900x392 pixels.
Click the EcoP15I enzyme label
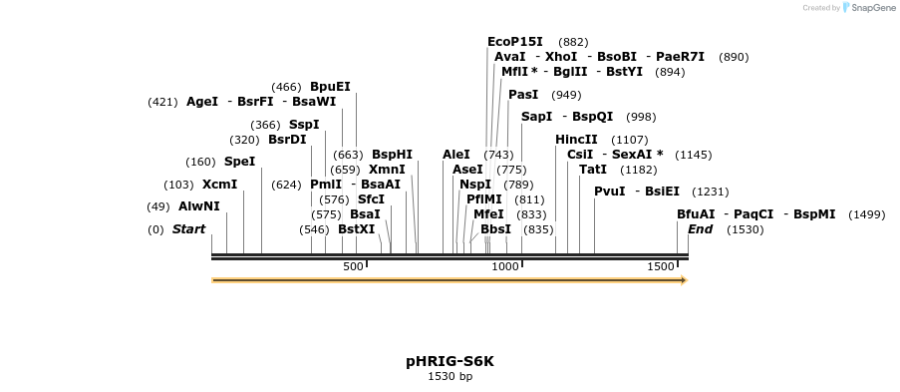(514, 42)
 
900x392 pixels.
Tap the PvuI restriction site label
(609, 192)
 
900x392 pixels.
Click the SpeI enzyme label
(239, 162)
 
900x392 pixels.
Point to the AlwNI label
(198, 206)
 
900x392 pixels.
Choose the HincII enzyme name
(576, 140)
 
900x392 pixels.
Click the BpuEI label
(330, 87)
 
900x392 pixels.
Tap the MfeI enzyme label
(488, 214)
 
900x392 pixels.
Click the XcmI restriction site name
(219, 185)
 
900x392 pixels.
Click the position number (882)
(573, 42)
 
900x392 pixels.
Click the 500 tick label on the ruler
(354, 266)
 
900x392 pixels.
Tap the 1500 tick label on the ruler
(661, 266)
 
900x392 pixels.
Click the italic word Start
(188, 229)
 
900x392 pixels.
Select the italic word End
(700, 229)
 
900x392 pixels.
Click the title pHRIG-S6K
(450, 361)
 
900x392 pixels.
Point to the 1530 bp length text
(450, 377)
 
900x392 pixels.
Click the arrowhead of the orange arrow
(683, 280)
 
